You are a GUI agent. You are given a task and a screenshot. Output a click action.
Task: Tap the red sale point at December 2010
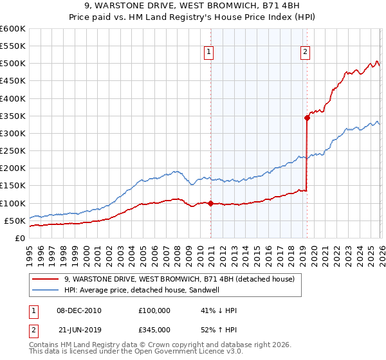coord(210,203)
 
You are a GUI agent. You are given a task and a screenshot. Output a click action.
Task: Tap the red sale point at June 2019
coord(307,118)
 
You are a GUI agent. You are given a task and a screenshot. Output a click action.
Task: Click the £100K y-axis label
coord(13,203)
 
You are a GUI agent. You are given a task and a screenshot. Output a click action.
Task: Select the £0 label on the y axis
coord(21,238)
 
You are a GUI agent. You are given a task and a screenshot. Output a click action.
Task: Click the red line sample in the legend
coord(45,279)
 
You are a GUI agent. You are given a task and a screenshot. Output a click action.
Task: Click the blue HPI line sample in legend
coord(45,290)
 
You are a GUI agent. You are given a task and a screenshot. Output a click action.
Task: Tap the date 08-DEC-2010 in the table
coord(78,310)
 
